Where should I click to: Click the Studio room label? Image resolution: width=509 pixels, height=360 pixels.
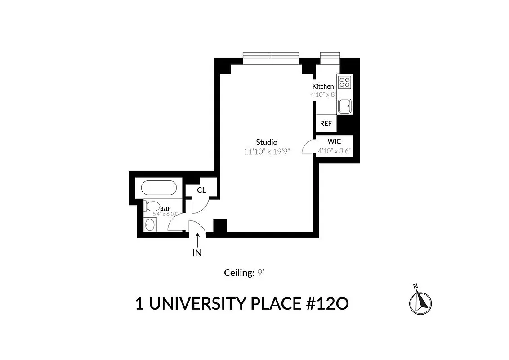tap(267, 142)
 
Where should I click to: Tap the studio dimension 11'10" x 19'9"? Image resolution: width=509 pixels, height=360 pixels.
tap(267, 152)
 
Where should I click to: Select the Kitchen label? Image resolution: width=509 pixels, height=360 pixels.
tap(323, 86)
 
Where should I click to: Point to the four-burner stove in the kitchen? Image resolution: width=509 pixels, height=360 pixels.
tap(345, 82)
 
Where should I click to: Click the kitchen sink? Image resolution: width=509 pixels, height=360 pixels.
tap(345, 107)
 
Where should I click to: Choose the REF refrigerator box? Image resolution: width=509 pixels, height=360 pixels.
tap(326, 123)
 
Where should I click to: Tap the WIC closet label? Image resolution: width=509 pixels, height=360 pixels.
tap(334, 141)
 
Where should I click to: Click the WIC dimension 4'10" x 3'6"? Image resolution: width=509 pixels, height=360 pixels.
tap(334, 151)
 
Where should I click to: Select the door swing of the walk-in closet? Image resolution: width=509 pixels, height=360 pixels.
tap(308, 147)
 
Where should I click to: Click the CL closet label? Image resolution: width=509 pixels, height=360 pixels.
tap(201, 190)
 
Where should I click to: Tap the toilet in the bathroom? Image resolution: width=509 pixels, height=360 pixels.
tap(152, 207)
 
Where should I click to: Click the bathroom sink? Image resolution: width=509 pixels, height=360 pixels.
tap(150, 224)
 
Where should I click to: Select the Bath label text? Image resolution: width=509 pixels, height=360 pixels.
tap(165, 209)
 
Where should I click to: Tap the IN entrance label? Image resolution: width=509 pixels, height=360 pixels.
tap(197, 253)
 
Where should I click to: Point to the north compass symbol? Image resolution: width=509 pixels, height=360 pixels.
tap(420, 301)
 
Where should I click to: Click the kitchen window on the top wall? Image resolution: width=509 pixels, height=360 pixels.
tap(330, 55)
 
